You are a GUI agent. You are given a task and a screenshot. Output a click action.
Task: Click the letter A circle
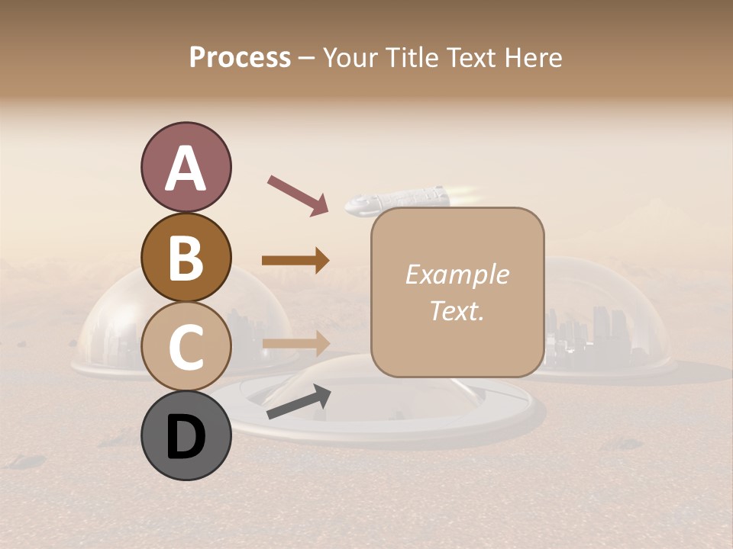click(x=186, y=167)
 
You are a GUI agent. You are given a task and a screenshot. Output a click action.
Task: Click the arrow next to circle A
click(x=298, y=194)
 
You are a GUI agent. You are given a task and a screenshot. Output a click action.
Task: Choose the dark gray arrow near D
click(x=299, y=403)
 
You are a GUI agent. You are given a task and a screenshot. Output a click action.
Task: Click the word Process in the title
click(x=240, y=57)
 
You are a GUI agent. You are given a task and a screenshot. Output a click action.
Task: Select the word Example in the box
click(x=457, y=274)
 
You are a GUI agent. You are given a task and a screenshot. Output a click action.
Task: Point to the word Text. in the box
click(x=457, y=310)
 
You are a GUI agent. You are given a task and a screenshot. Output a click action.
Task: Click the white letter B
click(x=186, y=257)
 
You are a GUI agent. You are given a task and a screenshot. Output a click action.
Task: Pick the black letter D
click(x=186, y=436)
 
